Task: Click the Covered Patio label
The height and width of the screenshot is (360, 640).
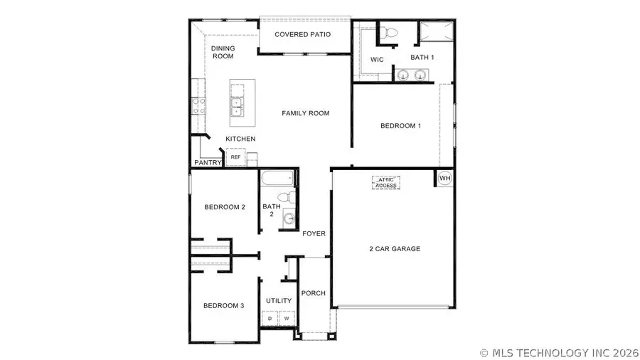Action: click(303, 34)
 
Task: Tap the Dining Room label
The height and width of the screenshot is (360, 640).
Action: click(223, 52)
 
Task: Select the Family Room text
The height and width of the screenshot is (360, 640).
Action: click(306, 113)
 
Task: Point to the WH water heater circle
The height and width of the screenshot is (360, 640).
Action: click(444, 178)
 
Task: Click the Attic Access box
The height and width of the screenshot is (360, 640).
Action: click(386, 182)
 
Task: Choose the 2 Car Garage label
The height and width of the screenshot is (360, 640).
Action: click(395, 249)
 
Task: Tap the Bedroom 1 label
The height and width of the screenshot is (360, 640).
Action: click(401, 126)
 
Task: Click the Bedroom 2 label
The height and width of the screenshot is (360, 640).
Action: click(225, 207)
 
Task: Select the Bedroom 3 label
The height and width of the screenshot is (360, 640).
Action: click(224, 306)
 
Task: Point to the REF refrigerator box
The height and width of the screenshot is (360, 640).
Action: click(235, 157)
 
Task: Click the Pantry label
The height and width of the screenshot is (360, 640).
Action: click(208, 163)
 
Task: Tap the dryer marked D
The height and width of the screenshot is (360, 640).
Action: click(271, 318)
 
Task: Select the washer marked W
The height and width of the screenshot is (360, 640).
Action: click(286, 318)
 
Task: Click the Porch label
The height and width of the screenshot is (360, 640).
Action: click(314, 293)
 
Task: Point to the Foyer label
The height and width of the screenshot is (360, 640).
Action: click(314, 233)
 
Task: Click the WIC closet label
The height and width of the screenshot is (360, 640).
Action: click(378, 60)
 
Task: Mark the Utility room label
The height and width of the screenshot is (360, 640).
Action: click(279, 301)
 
